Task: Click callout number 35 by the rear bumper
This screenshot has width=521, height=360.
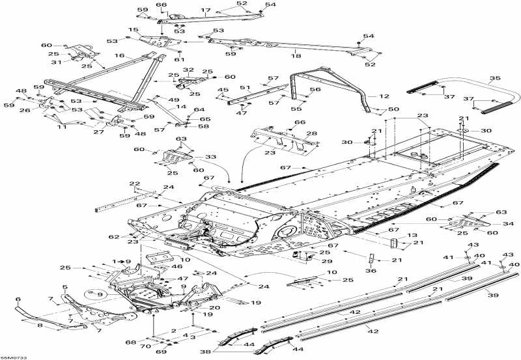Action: point(495,78)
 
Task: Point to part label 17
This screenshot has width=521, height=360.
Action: point(206,10)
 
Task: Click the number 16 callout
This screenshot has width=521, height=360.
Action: point(119,57)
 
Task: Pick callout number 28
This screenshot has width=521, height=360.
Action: point(312,133)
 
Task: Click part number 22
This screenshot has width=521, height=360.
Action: point(135,185)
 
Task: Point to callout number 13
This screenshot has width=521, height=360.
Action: point(412,235)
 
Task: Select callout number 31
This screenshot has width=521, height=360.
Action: point(57,62)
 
